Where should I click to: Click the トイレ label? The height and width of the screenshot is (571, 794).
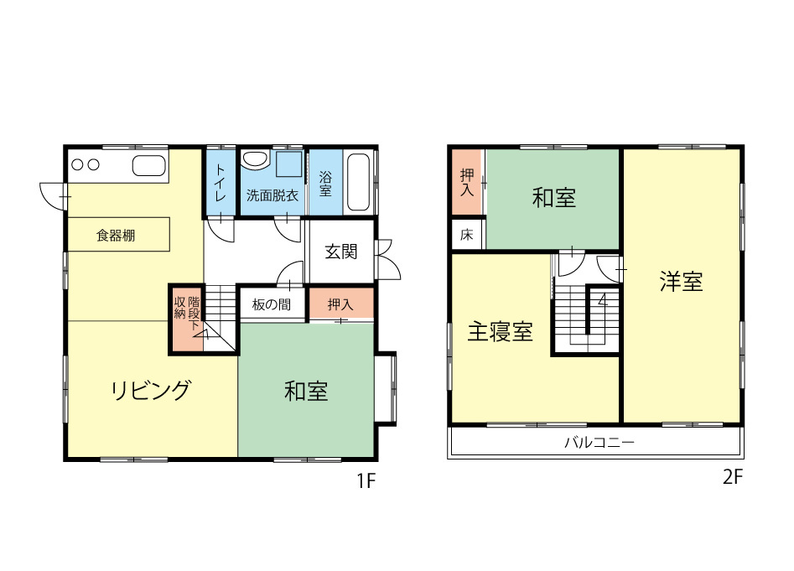tap(221, 183)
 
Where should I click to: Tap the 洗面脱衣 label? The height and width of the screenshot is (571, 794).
tap(272, 195)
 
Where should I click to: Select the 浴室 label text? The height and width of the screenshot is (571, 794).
tap(325, 184)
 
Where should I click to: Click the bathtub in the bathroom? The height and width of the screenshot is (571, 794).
tap(359, 182)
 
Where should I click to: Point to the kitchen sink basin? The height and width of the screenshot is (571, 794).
tap(149, 165)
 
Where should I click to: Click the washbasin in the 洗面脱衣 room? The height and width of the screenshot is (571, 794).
tap(255, 159)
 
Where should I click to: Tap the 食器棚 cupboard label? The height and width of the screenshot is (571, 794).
tap(116, 236)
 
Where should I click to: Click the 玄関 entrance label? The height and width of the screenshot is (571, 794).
tap(340, 252)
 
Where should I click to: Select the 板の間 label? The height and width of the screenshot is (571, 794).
tap(272, 304)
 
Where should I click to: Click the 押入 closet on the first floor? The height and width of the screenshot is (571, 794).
tap(340, 304)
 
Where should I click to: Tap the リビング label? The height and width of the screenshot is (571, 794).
tap(151, 390)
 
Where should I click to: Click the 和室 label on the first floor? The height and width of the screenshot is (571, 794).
tap(306, 392)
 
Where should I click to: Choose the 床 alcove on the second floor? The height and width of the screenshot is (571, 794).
tap(468, 234)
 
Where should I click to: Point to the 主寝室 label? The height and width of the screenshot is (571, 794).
tap(501, 331)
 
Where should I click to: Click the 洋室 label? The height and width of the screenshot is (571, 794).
tap(681, 282)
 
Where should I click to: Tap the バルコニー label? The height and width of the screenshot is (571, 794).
tap(599, 443)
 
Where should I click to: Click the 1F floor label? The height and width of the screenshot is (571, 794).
tap(366, 481)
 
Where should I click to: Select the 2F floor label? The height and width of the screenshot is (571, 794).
tap(733, 477)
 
